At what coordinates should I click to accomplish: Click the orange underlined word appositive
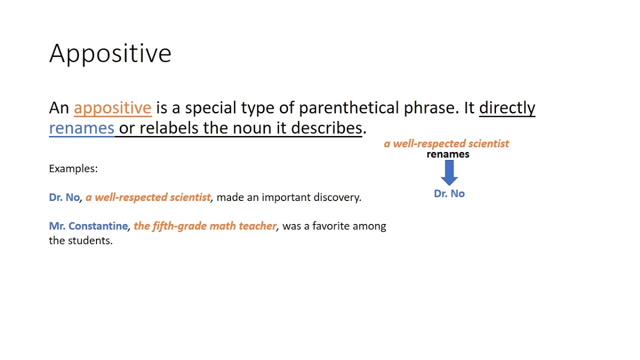coord(112,108)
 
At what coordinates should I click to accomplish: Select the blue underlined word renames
coord(81,128)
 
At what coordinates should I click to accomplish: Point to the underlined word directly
coord(507,108)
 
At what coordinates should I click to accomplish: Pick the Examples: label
coord(73,168)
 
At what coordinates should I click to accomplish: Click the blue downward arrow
coord(449,172)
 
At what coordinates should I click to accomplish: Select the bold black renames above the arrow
coord(448,154)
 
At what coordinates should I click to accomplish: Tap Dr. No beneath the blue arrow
coord(449,194)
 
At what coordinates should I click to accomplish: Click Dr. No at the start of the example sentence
coord(64,197)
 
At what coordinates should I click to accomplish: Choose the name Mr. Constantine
coord(88,226)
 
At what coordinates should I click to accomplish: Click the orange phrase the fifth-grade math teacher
coord(205,226)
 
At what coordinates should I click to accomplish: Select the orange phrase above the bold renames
coord(446,144)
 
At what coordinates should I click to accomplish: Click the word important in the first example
coord(285,197)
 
